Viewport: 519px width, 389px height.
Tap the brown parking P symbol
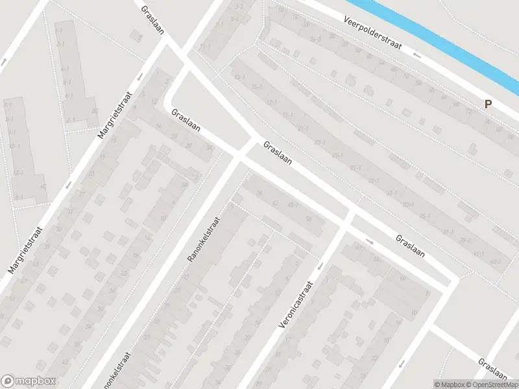point(487,104)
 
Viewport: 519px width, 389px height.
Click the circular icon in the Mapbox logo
point(8,381)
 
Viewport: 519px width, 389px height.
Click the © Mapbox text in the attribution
point(448,384)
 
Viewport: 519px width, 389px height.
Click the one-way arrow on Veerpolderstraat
point(417,55)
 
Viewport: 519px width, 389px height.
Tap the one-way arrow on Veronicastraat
point(319,266)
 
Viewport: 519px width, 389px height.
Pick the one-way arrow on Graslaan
point(370,242)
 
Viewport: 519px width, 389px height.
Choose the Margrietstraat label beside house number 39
point(25,250)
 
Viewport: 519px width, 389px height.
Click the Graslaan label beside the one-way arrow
point(410,246)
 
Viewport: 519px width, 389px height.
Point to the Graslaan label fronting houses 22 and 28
point(185,121)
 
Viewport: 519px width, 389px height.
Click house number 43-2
point(496,262)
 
